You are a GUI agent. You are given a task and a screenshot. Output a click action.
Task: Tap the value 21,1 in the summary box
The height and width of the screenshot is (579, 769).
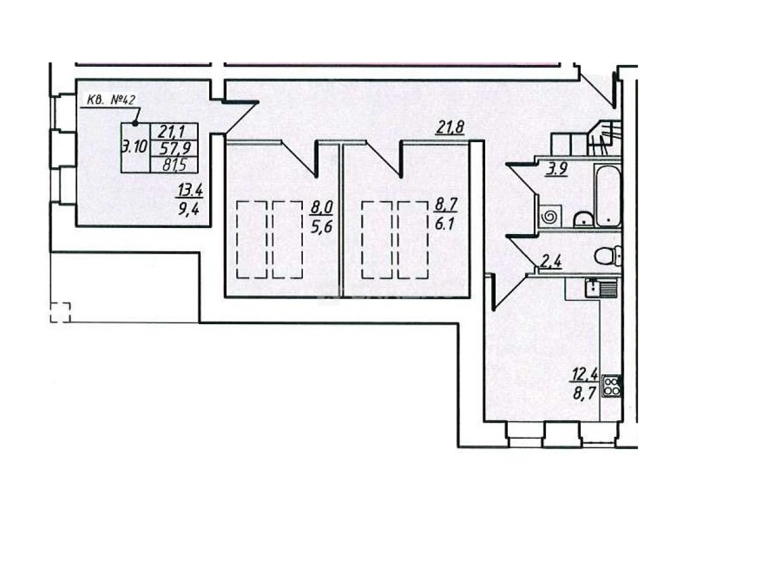[x=173, y=131]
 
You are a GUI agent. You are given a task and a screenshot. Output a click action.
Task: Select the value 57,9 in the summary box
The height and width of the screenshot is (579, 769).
[x=173, y=148]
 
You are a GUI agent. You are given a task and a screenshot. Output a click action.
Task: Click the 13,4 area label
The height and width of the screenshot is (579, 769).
[x=189, y=190]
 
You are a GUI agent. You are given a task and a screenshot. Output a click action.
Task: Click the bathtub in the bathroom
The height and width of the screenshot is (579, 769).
[x=608, y=195]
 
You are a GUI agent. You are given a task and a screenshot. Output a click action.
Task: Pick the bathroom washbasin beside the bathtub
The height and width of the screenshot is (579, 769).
[x=583, y=219]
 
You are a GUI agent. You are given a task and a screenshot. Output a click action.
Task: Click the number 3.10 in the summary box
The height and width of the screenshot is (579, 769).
[x=134, y=147]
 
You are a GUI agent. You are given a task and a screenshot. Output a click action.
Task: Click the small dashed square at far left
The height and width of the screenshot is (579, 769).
[x=60, y=312]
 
